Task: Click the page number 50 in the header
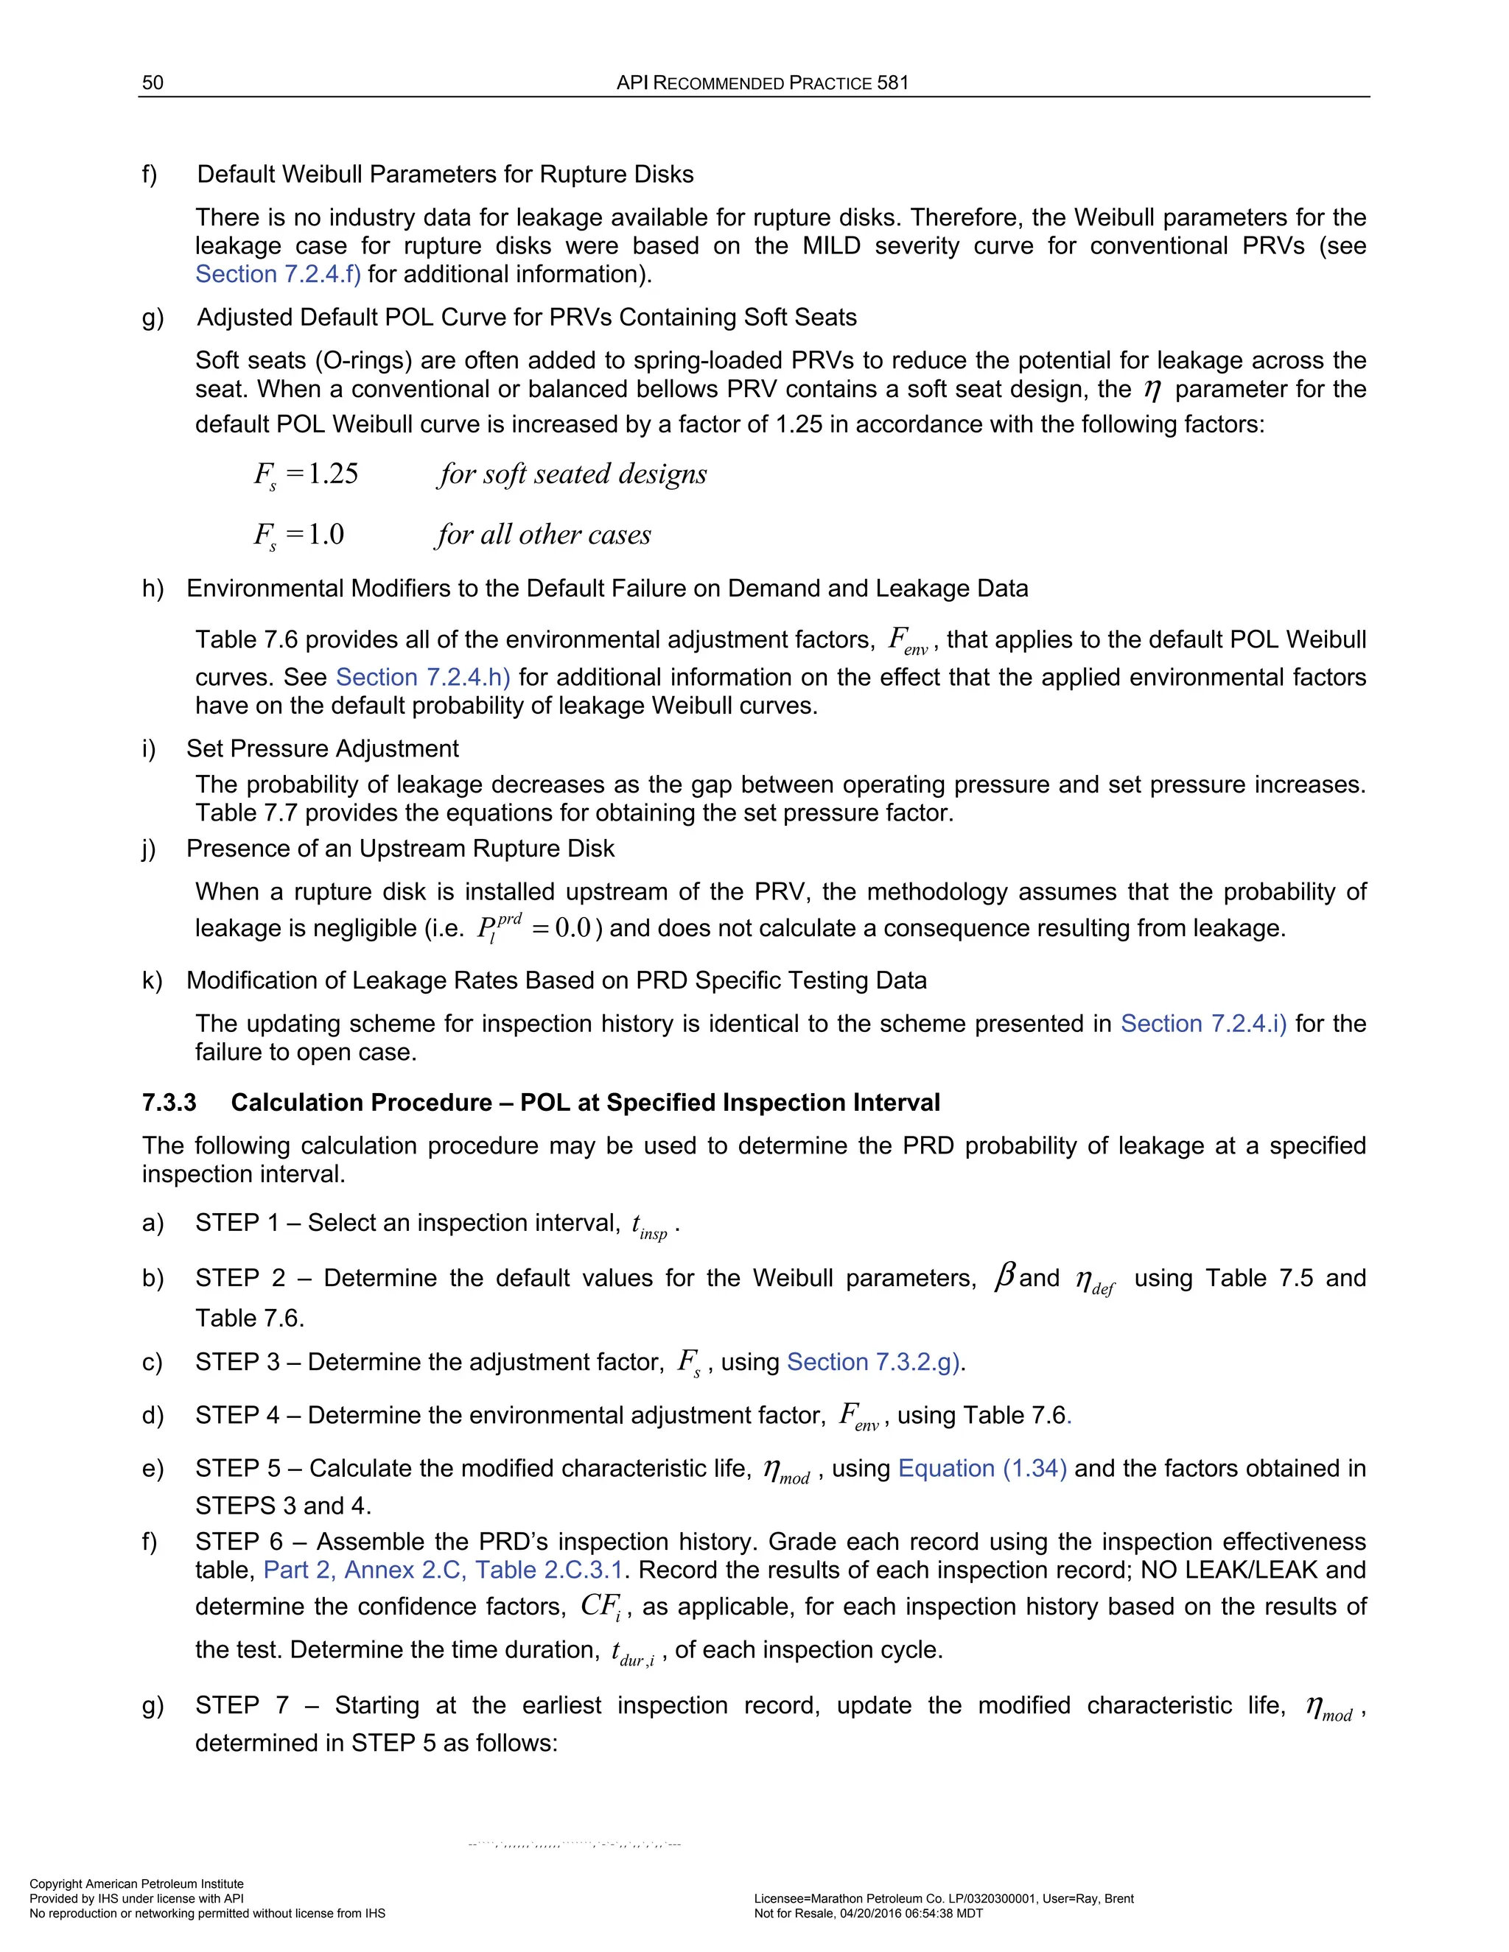pos(153,83)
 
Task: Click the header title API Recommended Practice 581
pos(762,83)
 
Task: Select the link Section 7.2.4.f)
pos(278,275)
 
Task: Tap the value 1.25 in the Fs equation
pos(332,474)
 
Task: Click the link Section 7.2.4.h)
pos(422,678)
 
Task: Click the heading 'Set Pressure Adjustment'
pos(322,748)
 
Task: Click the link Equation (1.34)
pos(981,1469)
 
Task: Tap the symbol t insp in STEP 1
pos(649,1226)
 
